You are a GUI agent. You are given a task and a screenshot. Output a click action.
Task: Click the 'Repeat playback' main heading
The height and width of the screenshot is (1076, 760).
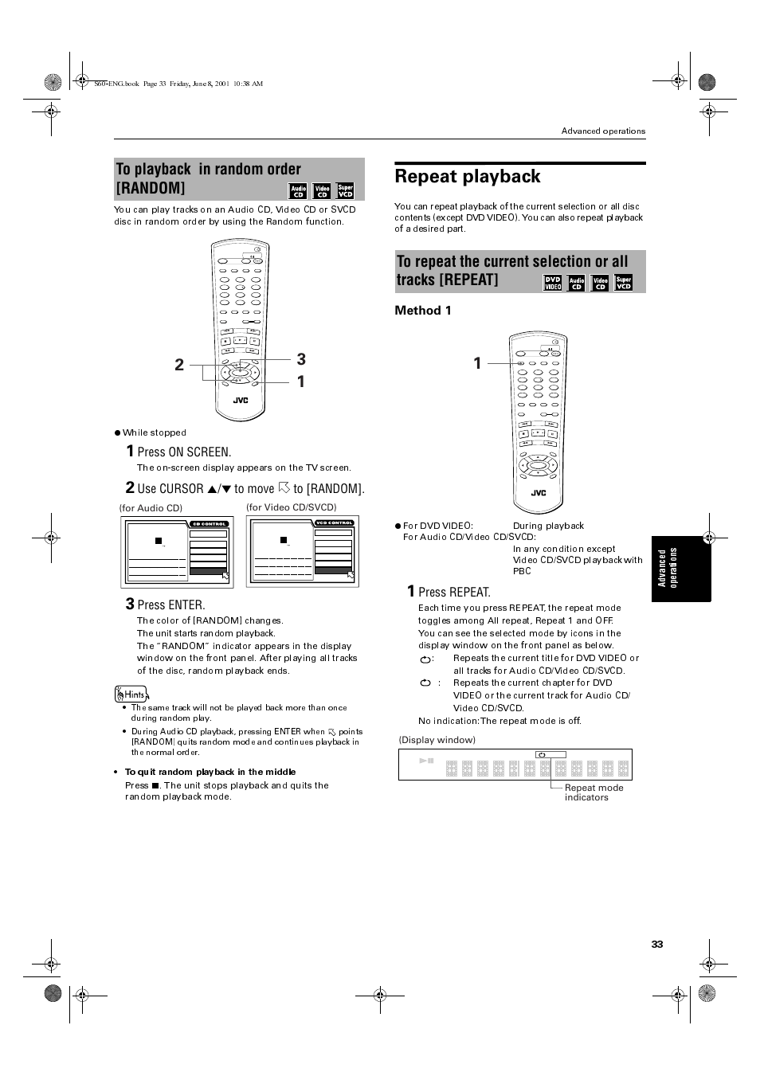[468, 177]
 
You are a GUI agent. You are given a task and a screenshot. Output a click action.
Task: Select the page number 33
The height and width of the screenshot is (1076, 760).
[656, 944]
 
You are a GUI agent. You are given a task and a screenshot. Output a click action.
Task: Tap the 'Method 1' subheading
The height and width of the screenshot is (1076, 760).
[423, 311]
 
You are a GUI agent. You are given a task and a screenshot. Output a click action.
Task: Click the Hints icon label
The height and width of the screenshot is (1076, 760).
[131, 695]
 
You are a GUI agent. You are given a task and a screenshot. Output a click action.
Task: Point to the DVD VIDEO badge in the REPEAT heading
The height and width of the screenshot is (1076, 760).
[552, 283]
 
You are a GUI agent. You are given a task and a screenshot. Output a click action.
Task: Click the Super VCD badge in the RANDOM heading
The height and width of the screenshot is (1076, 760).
[345, 191]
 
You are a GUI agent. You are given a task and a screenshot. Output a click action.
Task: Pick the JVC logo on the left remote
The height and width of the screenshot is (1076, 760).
[240, 401]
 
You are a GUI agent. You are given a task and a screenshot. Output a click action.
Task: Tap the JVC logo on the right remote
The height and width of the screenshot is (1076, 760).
[539, 493]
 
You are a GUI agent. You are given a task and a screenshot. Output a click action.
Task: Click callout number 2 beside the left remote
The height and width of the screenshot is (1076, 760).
[179, 365]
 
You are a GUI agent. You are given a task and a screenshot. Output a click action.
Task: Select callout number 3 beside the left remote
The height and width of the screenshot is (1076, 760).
[301, 359]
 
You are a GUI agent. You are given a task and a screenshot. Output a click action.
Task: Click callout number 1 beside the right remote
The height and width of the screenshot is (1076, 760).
[477, 363]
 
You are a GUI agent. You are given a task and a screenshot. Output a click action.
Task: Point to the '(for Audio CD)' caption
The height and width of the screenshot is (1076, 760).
[151, 508]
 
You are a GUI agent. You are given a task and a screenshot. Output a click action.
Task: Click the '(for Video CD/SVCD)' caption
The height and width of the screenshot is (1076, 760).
[292, 507]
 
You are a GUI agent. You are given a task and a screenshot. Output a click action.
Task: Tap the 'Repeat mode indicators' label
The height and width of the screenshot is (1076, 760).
[594, 792]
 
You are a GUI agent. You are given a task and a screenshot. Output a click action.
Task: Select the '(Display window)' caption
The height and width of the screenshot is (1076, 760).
[437, 740]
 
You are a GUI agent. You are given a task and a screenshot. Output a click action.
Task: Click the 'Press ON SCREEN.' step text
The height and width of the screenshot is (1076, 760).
[184, 452]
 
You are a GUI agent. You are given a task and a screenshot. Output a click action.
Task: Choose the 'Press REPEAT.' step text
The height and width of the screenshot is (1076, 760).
[454, 592]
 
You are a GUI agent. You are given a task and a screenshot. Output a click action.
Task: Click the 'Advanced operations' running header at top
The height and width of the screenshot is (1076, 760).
[603, 131]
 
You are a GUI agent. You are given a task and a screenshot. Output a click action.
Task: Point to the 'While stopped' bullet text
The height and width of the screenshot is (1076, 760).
[154, 432]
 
